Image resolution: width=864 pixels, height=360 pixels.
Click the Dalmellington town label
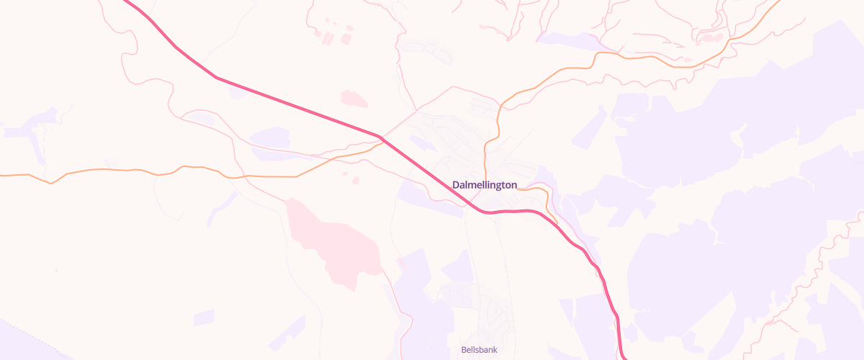(x=485, y=185)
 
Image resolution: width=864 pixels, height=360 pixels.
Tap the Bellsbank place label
(x=479, y=350)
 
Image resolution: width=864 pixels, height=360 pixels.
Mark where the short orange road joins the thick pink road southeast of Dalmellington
(x=556, y=225)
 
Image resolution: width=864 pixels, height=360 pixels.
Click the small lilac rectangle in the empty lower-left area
(x=204, y=317)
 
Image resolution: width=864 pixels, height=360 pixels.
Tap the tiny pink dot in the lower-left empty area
(x=56, y=271)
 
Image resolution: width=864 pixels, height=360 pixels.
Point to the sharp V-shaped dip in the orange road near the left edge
(x=50, y=183)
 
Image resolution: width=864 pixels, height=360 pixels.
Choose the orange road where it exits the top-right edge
(x=778, y=3)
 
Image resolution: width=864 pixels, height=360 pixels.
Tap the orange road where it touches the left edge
(x=2, y=175)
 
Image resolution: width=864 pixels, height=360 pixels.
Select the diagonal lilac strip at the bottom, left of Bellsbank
(x=288, y=331)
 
